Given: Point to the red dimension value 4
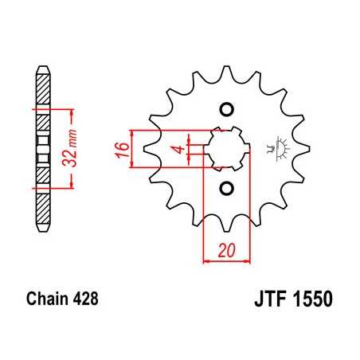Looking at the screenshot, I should point(181,148).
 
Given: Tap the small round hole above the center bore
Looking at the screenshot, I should point(225,110).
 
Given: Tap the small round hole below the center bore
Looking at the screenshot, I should point(225,188).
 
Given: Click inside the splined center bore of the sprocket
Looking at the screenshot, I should point(225,149).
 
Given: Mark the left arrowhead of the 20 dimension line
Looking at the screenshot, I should point(207,260).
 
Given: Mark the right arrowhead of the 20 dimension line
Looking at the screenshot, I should point(243,260).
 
